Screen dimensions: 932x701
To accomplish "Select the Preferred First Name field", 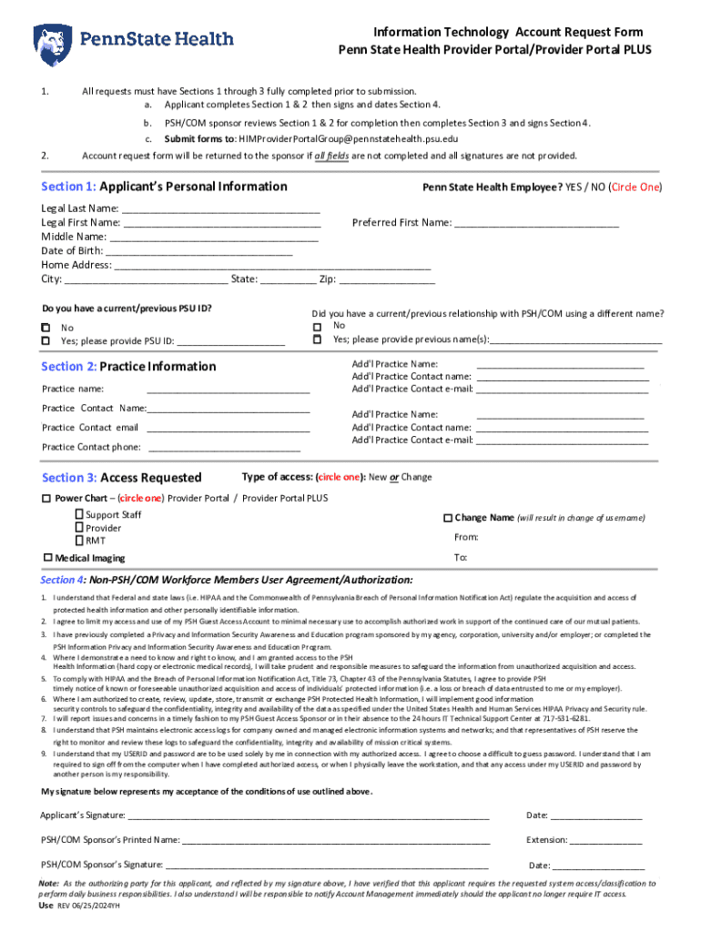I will [536, 223].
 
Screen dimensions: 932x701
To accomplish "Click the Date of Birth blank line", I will [199, 250].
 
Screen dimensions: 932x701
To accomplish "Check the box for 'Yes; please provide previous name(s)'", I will [317, 339].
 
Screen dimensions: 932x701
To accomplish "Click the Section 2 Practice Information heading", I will [128, 367].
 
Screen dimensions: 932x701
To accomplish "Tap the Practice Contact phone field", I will [224, 448].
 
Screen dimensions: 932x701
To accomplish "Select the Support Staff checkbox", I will [79, 515].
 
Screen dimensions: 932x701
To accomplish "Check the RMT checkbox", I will [79, 541].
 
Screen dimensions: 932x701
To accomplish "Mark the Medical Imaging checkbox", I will [47, 557].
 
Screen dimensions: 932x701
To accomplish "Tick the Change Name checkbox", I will [447, 518].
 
